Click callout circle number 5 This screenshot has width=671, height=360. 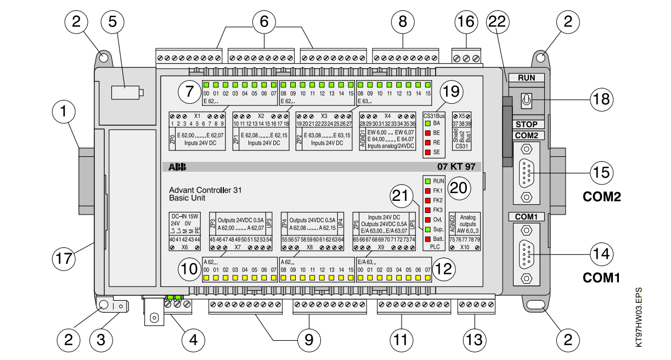click(113, 22)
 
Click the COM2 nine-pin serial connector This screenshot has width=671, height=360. click(526, 173)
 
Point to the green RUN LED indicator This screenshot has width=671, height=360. click(427, 181)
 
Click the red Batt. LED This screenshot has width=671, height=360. click(427, 239)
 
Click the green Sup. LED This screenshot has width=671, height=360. click(427, 229)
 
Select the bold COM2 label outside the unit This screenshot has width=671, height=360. click(602, 196)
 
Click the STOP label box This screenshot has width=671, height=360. click(526, 125)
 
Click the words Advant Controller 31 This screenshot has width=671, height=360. click(205, 190)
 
